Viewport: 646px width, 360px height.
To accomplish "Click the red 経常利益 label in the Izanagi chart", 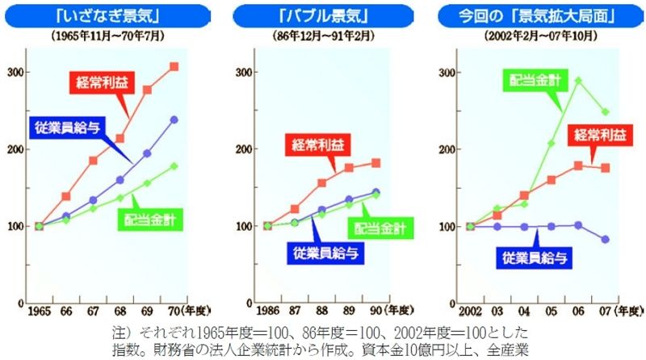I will [101, 81].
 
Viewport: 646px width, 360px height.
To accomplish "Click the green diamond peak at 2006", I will [577, 81].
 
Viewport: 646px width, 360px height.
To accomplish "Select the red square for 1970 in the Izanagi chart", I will [174, 66].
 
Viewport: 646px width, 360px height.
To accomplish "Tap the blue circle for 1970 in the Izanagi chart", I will [174, 120].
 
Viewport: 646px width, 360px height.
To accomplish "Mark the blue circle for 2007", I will [605, 240].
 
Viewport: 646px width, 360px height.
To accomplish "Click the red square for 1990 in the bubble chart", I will [375, 163].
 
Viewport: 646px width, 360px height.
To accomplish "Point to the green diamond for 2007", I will [605, 112].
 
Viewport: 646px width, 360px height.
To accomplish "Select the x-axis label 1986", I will [267, 312].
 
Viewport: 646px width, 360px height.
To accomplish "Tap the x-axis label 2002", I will [471, 312].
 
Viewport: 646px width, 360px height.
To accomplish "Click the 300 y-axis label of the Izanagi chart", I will [14, 72].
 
